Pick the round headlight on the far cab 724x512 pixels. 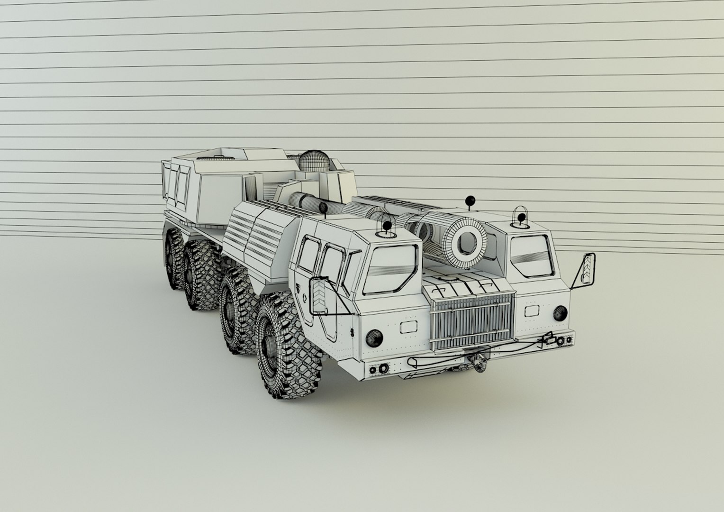[560, 312]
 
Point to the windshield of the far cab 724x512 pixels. [532, 256]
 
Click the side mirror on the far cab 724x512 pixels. [588, 270]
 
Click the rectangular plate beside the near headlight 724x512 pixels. [407, 327]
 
